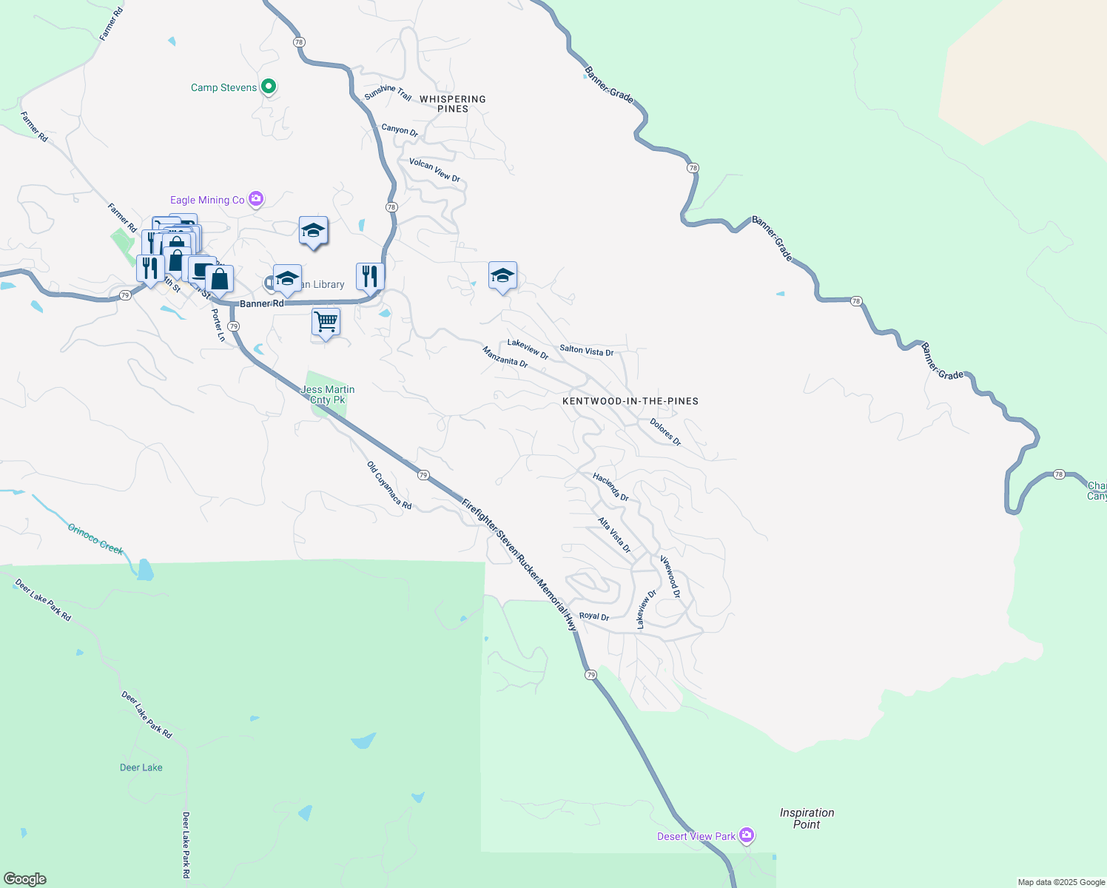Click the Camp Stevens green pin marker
coord(269,87)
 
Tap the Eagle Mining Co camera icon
coord(256,198)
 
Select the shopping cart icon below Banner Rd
coord(326,322)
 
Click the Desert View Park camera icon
coord(747,835)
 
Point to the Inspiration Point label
coord(807,818)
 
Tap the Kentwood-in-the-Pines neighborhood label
coord(630,401)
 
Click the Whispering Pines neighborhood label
coord(453,104)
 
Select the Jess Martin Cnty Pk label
coord(328,394)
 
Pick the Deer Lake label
coord(141,767)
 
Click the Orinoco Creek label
coord(95,539)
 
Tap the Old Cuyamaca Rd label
coord(389,485)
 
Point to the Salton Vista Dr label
coord(586,351)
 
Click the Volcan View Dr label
coord(434,169)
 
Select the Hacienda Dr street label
coord(610,488)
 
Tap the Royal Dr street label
coord(593,616)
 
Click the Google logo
coord(25,879)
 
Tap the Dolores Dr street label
coord(665,431)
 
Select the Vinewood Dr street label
coord(670,576)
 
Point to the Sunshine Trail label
coord(388,92)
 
